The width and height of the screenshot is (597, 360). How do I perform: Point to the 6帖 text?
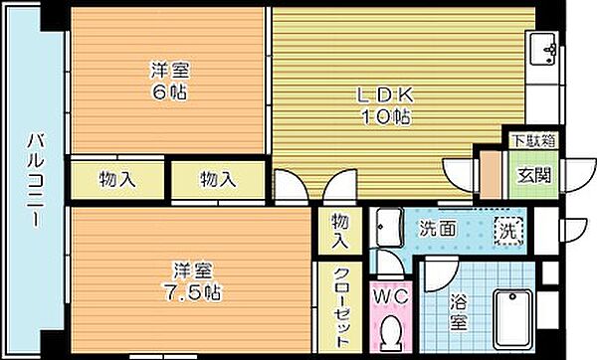(x=170, y=91)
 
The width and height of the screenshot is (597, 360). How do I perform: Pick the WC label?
(x=390, y=294)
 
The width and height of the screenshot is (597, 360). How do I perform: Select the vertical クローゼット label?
(x=340, y=307)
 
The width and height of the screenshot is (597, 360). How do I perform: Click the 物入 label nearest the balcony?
(x=117, y=180)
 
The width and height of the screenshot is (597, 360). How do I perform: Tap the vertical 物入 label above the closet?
(x=340, y=231)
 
